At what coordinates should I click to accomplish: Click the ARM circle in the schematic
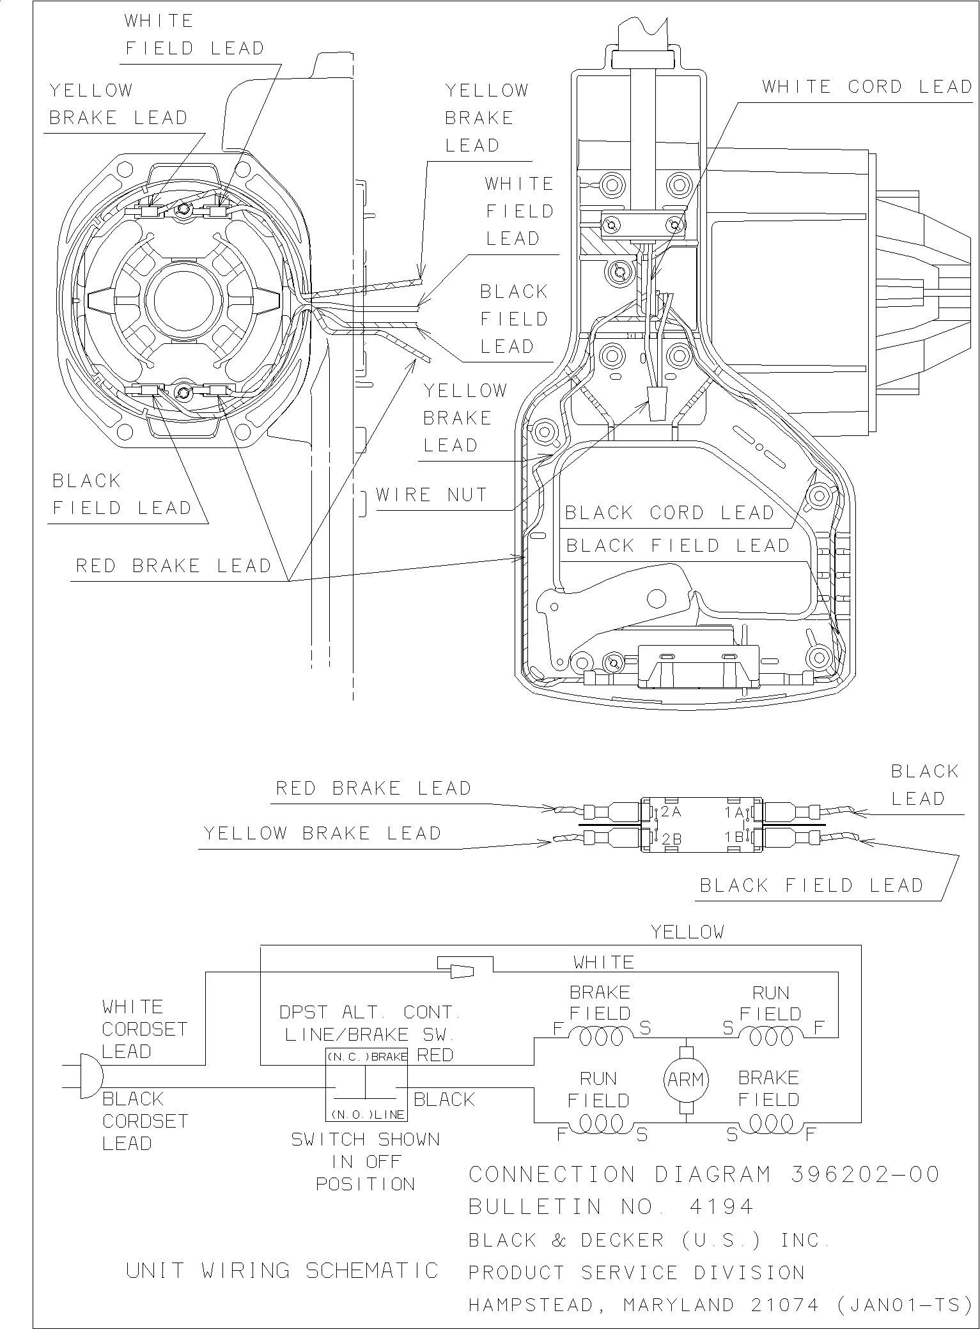685,1080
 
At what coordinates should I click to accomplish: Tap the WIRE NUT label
432,495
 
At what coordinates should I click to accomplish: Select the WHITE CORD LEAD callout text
867,87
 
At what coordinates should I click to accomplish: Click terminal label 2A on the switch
671,812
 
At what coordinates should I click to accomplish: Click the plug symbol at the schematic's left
90,1076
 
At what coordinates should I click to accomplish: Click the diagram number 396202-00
865,1174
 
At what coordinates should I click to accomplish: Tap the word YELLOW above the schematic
687,933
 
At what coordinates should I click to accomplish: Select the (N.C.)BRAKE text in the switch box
367,1057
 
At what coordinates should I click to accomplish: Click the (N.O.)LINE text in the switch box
367,1114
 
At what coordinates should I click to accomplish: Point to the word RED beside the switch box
435,1055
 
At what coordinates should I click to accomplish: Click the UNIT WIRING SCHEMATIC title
282,1270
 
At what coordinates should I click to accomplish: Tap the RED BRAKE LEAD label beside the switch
373,788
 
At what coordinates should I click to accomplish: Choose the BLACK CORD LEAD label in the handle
669,513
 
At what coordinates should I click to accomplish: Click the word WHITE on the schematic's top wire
603,962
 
